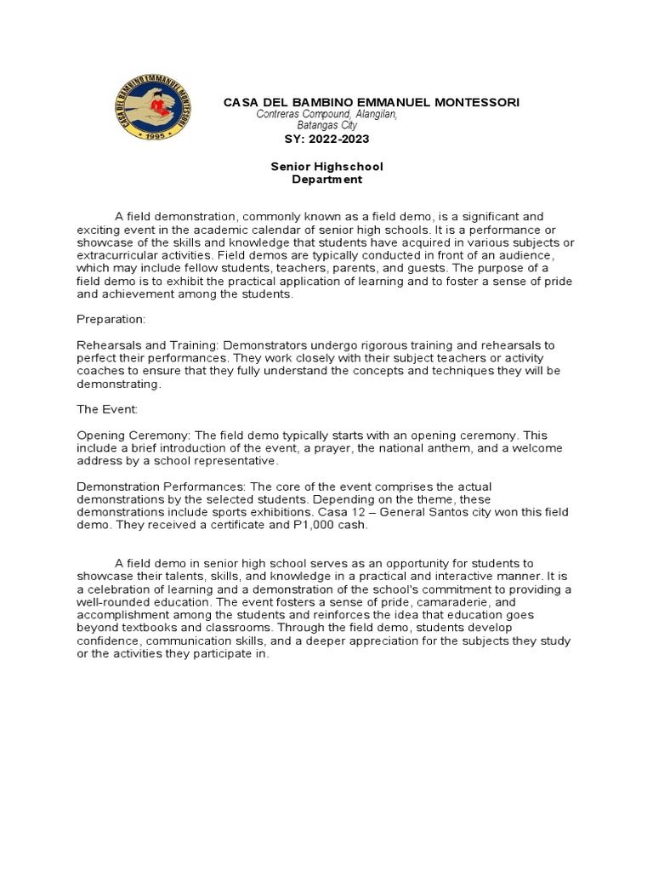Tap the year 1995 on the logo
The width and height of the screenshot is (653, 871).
click(153, 135)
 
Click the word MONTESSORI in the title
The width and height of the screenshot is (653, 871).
click(477, 102)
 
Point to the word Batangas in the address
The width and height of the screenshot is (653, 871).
click(327, 124)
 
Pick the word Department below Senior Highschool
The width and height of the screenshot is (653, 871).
click(326, 179)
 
